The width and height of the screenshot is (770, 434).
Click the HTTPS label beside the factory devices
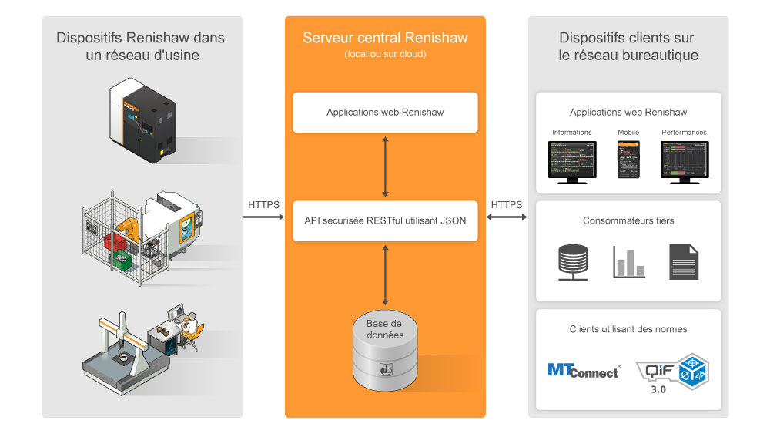click(264, 205)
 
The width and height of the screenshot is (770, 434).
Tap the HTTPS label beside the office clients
click(506, 205)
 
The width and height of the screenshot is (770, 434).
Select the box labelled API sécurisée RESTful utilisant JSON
click(385, 220)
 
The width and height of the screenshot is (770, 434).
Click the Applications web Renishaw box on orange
click(385, 113)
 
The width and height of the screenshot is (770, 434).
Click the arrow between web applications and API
click(385, 166)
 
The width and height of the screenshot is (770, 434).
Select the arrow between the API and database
click(385, 273)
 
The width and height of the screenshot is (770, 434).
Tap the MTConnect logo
click(584, 371)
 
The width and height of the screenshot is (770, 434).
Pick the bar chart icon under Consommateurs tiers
click(628, 262)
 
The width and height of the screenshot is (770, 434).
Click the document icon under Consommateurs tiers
click(684, 261)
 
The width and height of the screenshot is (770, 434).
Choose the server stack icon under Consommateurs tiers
click(573, 261)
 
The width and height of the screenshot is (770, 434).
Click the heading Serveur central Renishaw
click(385, 39)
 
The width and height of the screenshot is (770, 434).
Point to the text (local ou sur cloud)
click(385, 54)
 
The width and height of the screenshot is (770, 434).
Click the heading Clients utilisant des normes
click(628, 329)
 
